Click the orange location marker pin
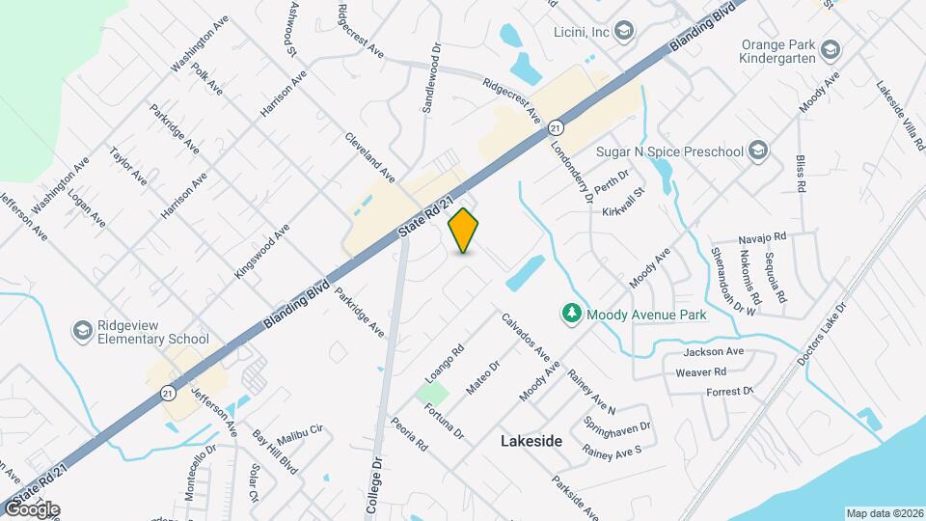464,230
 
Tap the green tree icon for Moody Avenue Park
571,314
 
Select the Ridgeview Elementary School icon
82,331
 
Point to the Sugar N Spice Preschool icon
758,151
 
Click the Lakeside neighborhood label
531,441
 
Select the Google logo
31,509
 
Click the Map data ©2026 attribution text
885,513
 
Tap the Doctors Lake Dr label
822,333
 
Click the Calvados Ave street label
526,338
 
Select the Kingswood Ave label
261,252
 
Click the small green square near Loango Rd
433,394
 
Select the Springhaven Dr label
618,425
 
